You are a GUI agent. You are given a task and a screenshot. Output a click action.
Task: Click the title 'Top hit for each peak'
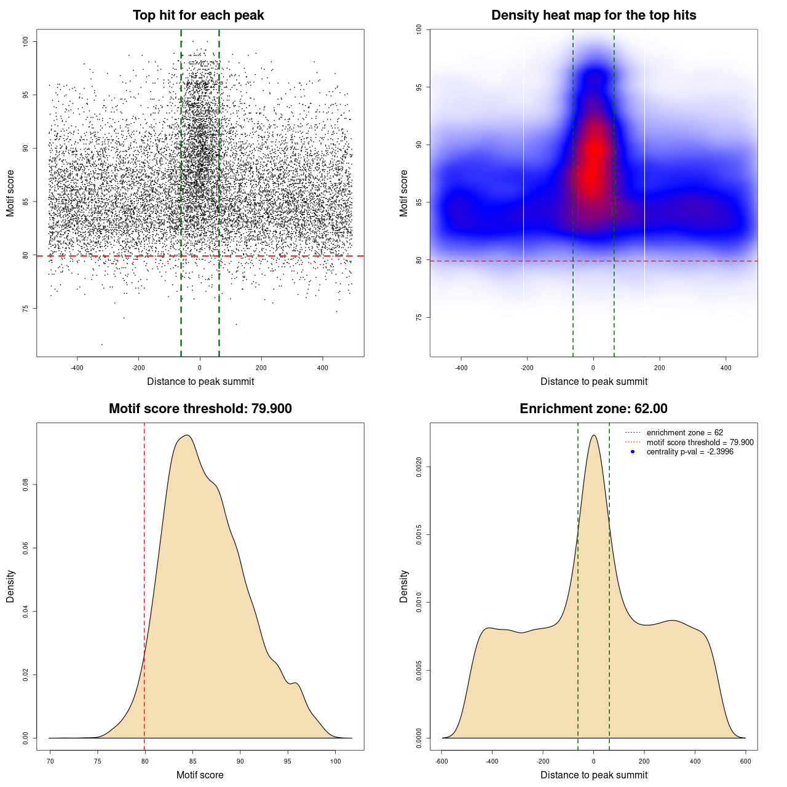point(198,15)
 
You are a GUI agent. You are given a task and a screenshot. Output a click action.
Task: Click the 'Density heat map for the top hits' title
point(593,15)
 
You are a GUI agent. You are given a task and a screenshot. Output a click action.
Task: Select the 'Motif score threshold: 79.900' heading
point(200,409)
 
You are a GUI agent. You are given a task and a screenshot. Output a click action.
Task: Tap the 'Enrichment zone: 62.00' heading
point(593,409)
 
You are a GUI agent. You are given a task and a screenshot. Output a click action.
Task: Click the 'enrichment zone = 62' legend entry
point(684,433)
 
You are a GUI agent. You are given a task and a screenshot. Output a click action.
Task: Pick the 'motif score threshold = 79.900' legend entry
point(700,442)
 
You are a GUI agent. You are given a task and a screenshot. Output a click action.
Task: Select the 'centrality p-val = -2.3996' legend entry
point(690,452)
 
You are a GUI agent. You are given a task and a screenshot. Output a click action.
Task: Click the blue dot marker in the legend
point(633,452)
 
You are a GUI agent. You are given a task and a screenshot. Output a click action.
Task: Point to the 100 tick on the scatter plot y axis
point(25,41)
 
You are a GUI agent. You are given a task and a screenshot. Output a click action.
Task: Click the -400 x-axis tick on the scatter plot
point(77,368)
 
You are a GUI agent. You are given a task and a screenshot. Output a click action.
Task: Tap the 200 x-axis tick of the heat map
point(660,368)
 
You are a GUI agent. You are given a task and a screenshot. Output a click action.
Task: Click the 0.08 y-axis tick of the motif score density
point(25,485)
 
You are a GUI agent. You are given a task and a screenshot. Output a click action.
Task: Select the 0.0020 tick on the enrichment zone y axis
point(419,467)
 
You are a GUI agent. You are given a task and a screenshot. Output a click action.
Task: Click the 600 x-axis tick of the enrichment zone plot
point(746,761)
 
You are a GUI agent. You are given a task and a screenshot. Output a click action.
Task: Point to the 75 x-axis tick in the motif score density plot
point(97,761)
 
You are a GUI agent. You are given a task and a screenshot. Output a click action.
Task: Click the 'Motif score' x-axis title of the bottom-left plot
point(200,775)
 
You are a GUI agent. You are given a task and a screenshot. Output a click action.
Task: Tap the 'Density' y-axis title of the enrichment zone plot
point(404,586)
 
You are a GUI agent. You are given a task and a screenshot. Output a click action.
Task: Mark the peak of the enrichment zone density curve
point(593,435)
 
